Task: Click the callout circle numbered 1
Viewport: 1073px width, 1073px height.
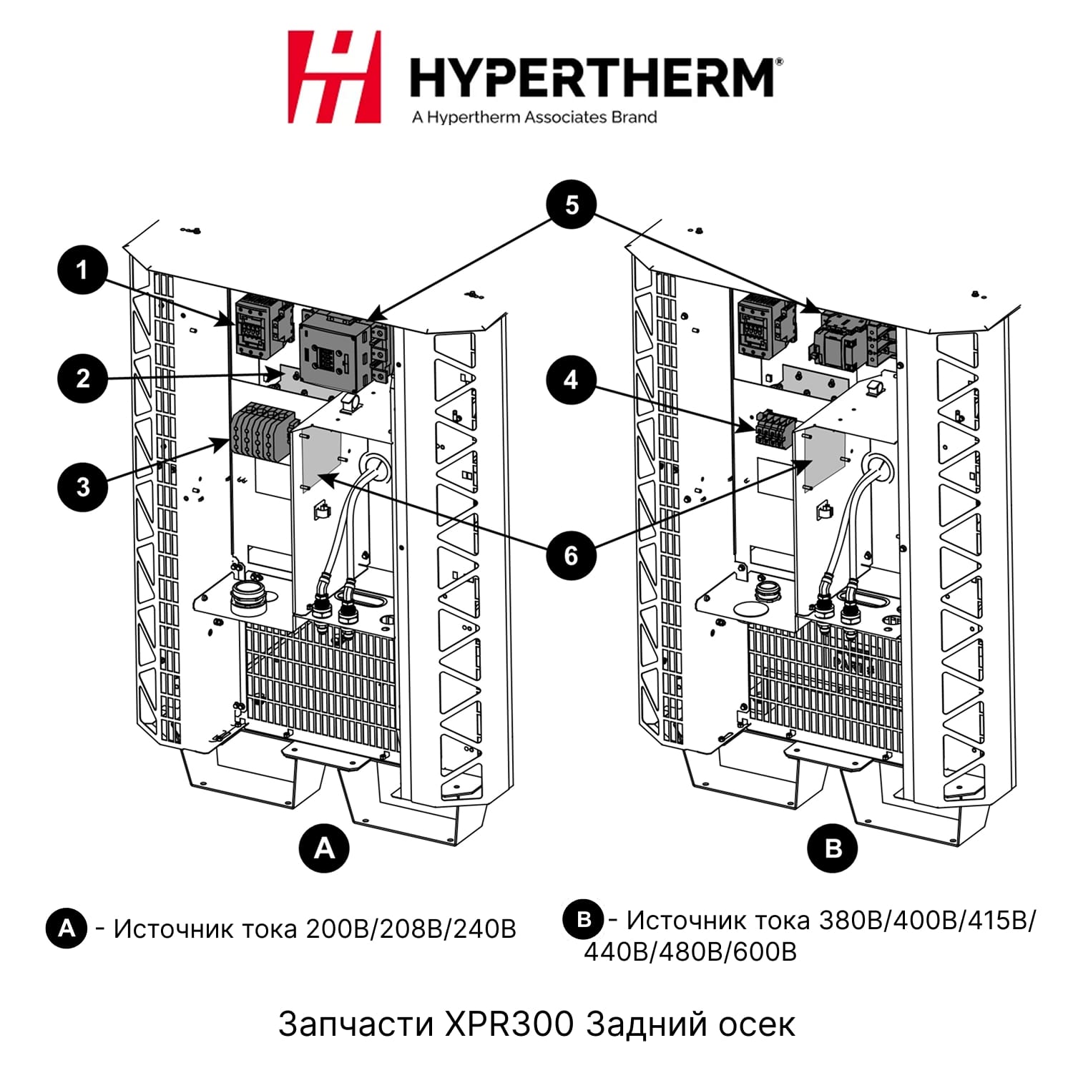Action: click(x=83, y=270)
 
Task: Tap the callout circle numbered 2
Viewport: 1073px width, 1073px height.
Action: click(x=83, y=378)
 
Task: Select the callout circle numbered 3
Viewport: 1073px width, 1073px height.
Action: click(x=83, y=487)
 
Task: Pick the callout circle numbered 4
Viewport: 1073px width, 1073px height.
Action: click(x=571, y=380)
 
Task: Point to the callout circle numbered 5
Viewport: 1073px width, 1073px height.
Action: click(x=572, y=205)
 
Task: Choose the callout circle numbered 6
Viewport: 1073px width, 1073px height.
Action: click(x=571, y=555)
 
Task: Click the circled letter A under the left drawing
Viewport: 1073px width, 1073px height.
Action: click(x=325, y=848)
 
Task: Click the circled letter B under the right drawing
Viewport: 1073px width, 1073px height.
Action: click(x=833, y=848)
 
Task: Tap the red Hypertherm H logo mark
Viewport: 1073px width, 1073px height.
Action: click(x=334, y=77)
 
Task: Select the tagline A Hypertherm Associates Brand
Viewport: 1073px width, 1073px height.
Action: click(x=534, y=117)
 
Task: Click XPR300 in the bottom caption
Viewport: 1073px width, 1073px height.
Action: click(x=509, y=1024)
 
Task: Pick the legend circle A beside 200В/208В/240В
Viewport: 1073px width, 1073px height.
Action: click(x=67, y=929)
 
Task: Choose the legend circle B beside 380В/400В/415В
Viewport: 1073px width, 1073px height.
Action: click(x=584, y=919)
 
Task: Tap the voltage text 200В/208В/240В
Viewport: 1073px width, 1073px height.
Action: click(x=411, y=929)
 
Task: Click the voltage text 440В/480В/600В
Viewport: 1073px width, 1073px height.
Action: click(x=690, y=952)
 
